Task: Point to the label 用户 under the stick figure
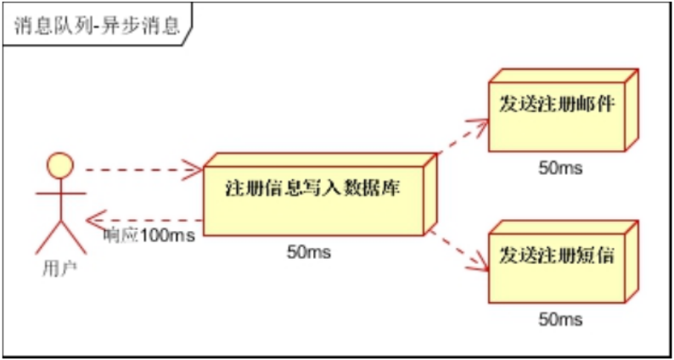click(58, 269)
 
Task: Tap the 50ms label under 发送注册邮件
click(560, 167)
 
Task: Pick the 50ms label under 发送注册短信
click(560, 319)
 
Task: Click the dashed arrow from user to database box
click(140, 170)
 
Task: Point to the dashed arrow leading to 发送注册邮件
click(463, 139)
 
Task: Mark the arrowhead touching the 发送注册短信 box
click(482, 265)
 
